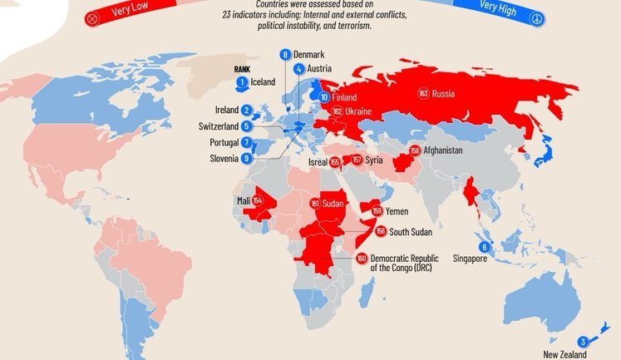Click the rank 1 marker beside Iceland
point(242,81)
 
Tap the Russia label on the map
point(444,94)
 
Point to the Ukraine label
point(359,111)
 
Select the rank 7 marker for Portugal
point(247,142)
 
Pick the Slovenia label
point(222,158)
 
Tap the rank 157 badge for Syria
point(357,160)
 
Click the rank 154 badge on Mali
point(258,201)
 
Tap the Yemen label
point(396,212)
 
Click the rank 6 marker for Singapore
point(484,248)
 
